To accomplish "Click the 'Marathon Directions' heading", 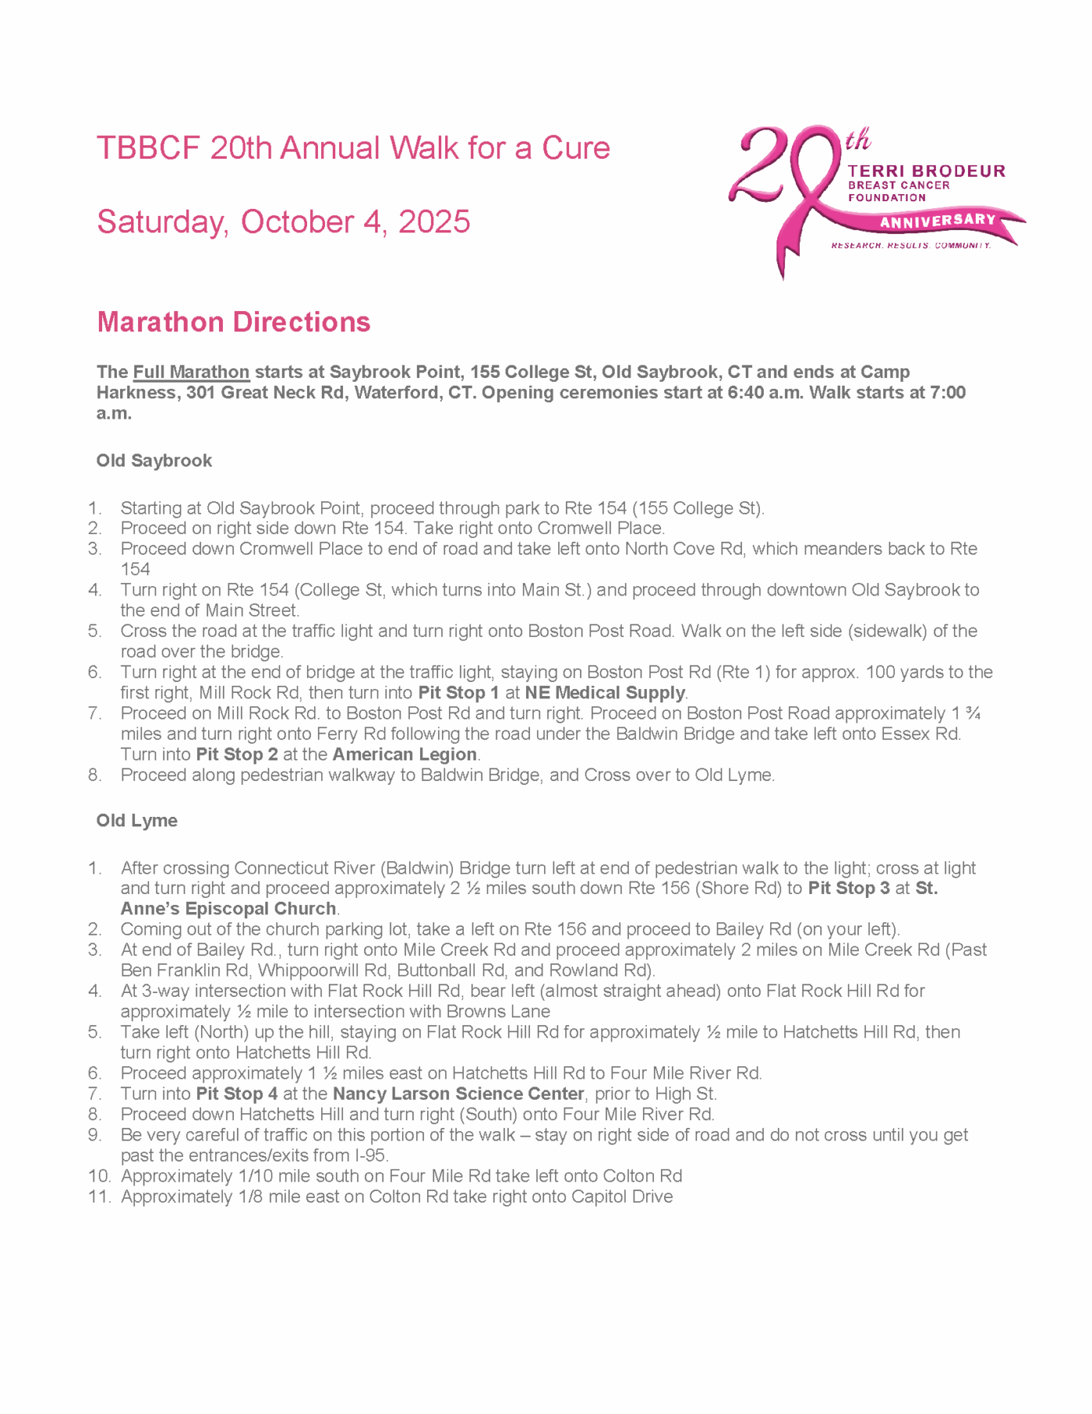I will click(233, 322).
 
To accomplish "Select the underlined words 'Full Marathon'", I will click(191, 372).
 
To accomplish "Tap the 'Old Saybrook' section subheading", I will click(154, 460).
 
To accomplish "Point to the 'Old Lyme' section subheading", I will click(137, 820).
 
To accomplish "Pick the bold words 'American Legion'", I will click(404, 754).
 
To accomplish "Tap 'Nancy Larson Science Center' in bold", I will click(458, 1093).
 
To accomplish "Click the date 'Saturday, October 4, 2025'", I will click(283, 222).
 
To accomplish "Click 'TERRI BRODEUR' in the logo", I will click(926, 170).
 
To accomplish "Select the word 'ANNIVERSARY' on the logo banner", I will click(937, 221).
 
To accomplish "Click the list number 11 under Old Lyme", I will click(100, 1196).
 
